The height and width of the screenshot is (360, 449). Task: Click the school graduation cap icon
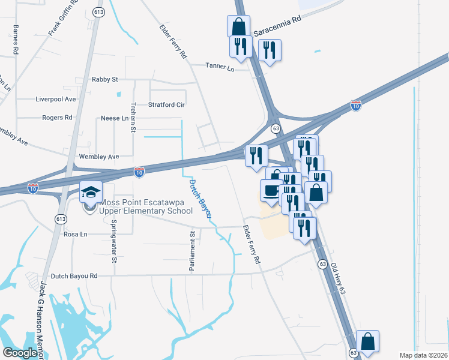click(91, 192)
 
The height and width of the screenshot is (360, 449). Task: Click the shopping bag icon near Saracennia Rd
click(238, 26)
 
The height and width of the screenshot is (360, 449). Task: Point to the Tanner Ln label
click(220, 67)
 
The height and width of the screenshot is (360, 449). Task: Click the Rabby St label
click(104, 79)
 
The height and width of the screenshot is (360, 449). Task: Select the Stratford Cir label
click(166, 104)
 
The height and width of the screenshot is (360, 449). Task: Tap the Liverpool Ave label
click(56, 99)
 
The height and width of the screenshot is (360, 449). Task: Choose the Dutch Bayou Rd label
click(74, 276)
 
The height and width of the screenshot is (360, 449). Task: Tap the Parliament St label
click(193, 252)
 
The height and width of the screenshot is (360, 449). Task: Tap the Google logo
click(20, 353)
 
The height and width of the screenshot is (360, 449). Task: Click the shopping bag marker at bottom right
click(367, 342)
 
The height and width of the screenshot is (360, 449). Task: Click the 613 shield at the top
click(99, 11)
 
